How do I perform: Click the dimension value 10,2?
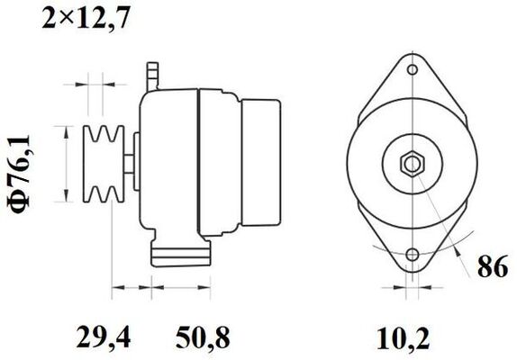(x=403, y=337)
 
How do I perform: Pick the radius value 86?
(x=491, y=268)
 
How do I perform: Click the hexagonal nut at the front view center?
(x=413, y=164)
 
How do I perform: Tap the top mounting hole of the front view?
(x=413, y=69)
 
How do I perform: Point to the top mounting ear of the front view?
(x=413, y=63)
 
